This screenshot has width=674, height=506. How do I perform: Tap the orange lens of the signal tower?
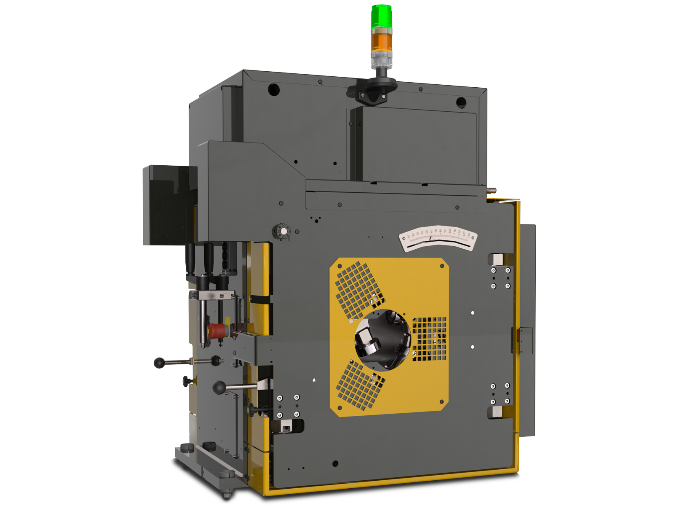click(381, 42)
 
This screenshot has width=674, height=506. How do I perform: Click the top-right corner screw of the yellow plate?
click(442, 266)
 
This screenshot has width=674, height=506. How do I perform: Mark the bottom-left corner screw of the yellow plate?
click(340, 408)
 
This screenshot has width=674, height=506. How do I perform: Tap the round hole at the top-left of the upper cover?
click(274, 89)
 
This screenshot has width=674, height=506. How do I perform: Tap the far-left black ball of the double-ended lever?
click(159, 363)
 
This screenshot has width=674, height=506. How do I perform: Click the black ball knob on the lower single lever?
click(219, 387)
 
